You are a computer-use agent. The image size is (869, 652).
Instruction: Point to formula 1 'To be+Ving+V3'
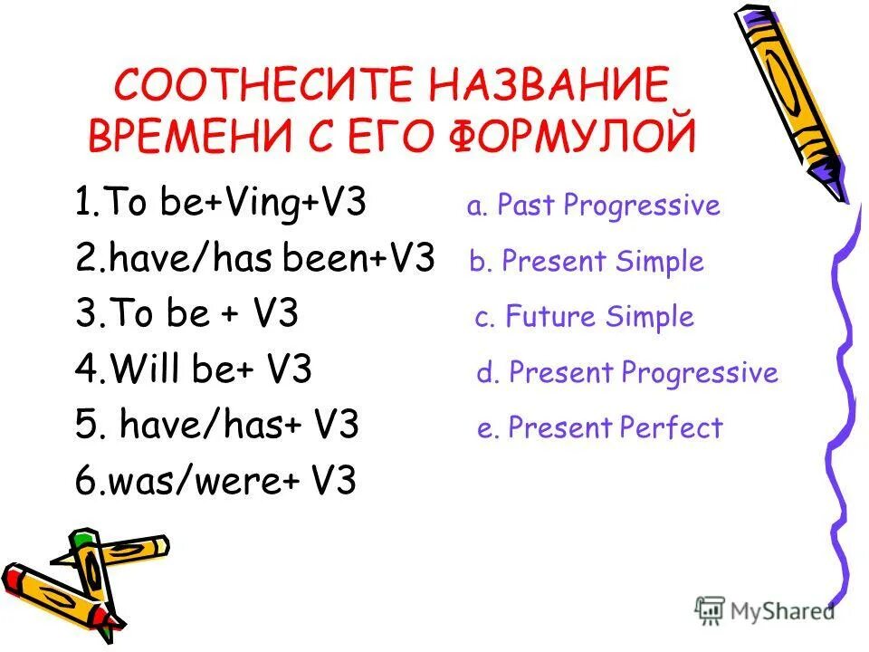click(221, 205)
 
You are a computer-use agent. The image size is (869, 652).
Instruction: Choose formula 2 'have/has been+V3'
click(255, 261)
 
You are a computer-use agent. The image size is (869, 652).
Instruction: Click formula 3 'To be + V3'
click(187, 315)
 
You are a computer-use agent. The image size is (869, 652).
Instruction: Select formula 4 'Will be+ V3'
click(194, 370)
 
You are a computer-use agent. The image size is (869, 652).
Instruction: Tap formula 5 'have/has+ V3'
click(217, 426)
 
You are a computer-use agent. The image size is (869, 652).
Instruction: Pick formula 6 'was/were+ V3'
click(215, 482)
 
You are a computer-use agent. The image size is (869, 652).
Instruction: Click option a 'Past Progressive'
click(594, 206)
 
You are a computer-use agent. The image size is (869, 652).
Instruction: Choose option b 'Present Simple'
click(587, 262)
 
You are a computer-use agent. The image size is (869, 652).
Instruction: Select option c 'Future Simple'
click(585, 317)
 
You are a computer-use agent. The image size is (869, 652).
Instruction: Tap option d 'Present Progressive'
click(627, 372)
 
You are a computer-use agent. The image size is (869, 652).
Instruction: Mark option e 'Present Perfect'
click(600, 427)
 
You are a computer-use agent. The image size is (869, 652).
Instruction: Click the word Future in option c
click(547, 317)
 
